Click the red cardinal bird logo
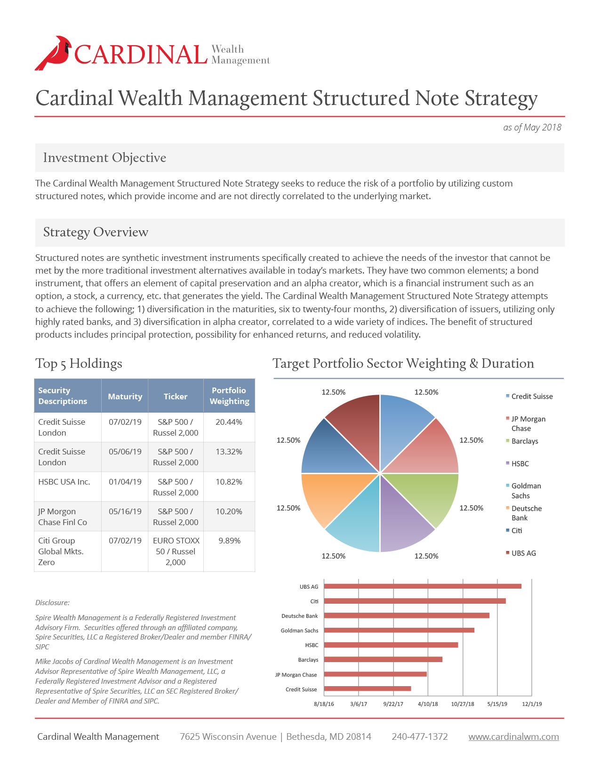pos(53,53)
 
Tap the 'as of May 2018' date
pos(532,128)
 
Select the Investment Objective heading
pos(104,158)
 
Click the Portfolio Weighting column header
pos(229,396)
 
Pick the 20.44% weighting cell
pos(229,422)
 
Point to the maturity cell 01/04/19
pos(125,482)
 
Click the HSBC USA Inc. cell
pos(64,482)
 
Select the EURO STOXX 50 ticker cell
pos(176,551)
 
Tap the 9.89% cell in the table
pos(229,541)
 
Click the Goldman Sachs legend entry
pos(526,491)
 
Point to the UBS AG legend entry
pos(523,553)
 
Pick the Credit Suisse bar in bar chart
pos(368,689)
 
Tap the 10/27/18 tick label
pos(463,704)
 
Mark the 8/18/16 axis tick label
pos(324,704)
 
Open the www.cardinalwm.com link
pos(513,737)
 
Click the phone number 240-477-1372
pos(420,737)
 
